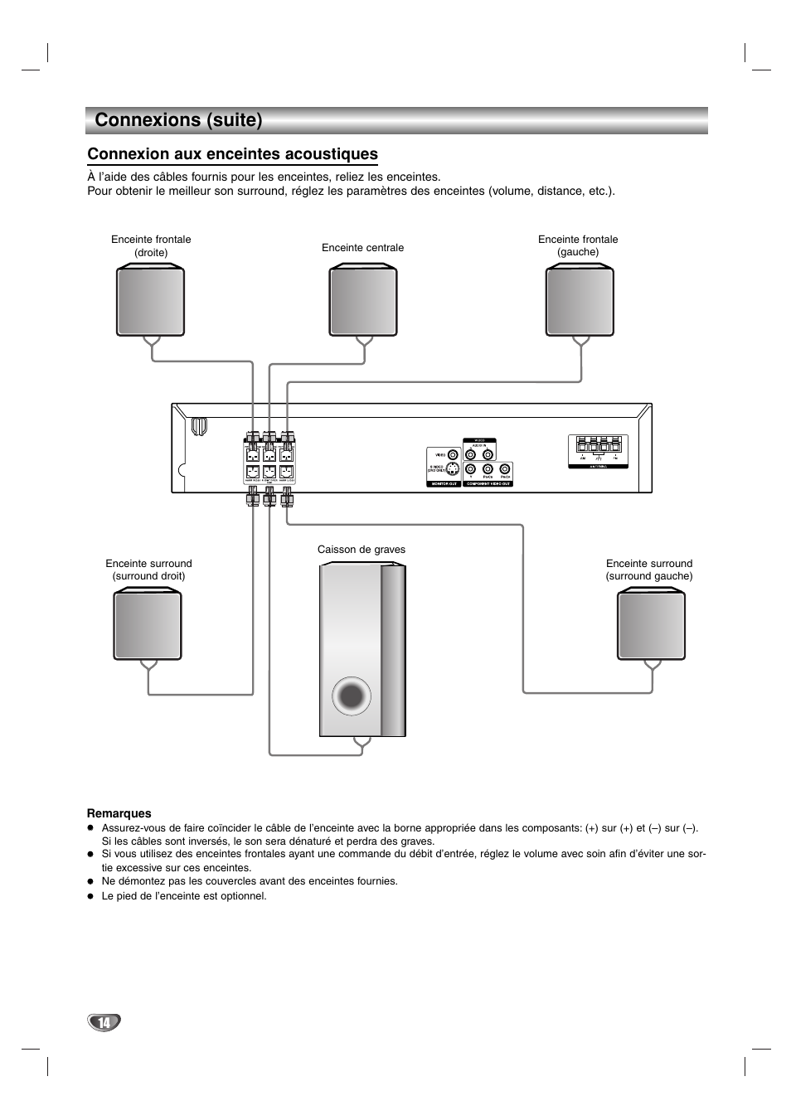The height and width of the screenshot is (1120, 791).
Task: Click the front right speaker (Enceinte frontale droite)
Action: tap(150, 300)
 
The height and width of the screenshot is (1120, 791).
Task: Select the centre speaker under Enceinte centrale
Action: tap(363, 300)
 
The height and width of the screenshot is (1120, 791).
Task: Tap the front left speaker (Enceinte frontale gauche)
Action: tap(580, 300)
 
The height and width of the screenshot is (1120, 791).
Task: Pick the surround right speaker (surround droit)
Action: tap(148, 624)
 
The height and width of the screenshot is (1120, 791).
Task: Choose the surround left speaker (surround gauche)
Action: tap(652, 624)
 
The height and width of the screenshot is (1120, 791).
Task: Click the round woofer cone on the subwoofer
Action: tap(351, 696)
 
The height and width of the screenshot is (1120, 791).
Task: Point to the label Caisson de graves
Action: tap(362, 550)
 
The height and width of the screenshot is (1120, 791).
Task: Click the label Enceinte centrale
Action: tap(362, 248)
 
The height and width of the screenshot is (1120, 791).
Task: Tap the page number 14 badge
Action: tap(104, 1022)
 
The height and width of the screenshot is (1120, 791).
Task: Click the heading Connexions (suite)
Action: tap(178, 120)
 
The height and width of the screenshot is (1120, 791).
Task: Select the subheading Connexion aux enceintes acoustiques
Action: tap(232, 154)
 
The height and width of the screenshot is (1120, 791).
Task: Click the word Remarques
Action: tap(119, 813)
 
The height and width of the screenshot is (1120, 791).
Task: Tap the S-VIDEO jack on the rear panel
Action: tap(453, 469)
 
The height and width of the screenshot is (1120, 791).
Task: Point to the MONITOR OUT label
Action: tap(444, 484)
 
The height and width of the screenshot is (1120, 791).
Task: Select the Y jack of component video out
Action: tap(470, 469)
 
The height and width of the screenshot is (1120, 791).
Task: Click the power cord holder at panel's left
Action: tap(198, 426)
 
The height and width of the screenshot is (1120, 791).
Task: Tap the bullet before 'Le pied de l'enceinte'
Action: tap(91, 896)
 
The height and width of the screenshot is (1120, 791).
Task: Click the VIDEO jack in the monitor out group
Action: tap(453, 454)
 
